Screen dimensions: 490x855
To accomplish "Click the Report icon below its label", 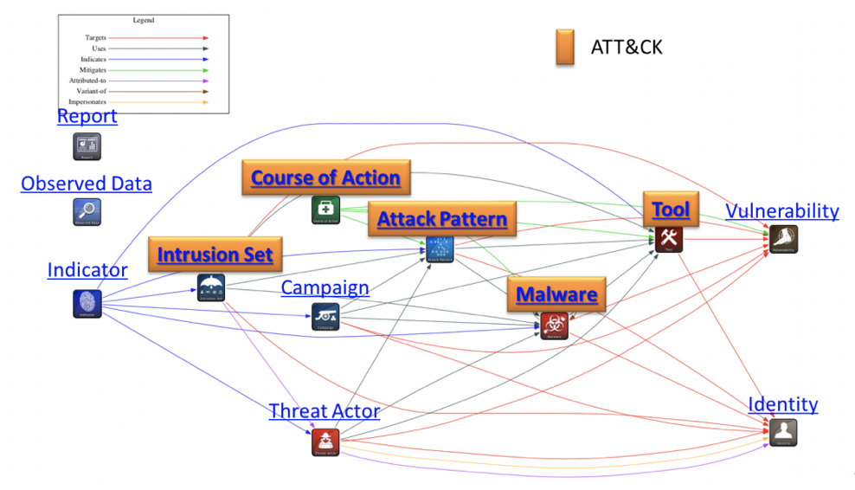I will pos(87,146).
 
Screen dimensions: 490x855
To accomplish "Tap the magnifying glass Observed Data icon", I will pos(87,212).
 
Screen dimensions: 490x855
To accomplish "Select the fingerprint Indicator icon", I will pos(87,303).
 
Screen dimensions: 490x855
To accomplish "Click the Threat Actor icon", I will pos(325,442).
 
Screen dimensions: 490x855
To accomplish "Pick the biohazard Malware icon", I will pos(555,326).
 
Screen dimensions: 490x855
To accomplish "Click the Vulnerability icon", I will pos(783,240).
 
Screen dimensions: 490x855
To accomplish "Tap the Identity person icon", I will pos(783,432).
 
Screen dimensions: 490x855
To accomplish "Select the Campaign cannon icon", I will pos(325,317).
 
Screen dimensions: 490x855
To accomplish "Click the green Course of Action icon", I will pos(325,210).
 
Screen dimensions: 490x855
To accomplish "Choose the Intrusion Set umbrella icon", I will pos(211,287).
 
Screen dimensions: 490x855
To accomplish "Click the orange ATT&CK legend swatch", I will pos(565,47).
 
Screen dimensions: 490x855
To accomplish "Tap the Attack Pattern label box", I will pos(442,219).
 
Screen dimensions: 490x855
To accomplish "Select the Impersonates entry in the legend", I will pos(87,102).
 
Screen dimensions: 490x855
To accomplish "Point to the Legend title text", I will pos(144,20).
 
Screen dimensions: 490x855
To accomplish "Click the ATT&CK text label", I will pos(627,47).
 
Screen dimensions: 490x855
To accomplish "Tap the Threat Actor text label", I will pos(325,411).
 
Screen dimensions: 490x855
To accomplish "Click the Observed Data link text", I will pos(87,184).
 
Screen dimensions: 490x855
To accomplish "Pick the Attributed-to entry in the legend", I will pos(87,81).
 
